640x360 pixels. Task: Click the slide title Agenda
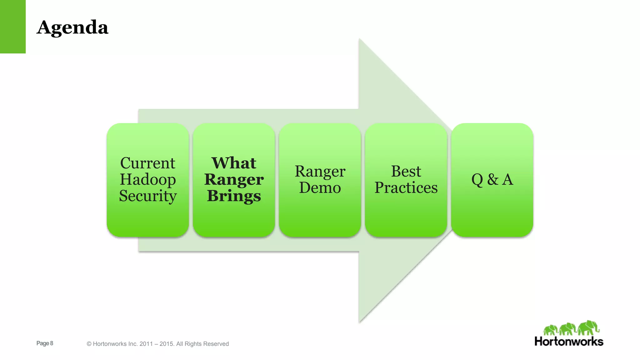tap(72, 27)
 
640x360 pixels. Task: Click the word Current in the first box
tap(147, 163)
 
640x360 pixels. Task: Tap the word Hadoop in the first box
tap(147, 180)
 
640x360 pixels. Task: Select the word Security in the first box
tap(147, 196)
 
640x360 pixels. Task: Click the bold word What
tap(234, 163)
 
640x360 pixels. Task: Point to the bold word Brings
tap(234, 196)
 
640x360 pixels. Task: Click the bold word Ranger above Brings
tap(234, 180)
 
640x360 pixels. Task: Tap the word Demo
tap(320, 188)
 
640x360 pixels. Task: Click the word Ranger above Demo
tap(320, 172)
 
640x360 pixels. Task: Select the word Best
tap(406, 172)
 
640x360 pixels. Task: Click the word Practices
tap(406, 188)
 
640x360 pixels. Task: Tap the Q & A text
tap(492, 180)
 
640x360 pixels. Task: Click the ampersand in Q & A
tap(492, 180)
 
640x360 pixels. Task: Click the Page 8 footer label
tap(45, 343)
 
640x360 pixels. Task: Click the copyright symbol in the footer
tap(89, 344)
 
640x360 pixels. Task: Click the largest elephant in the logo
tap(588, 327)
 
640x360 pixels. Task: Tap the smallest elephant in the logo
tap(550, 330)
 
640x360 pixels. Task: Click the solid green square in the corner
tap(12, 27)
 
